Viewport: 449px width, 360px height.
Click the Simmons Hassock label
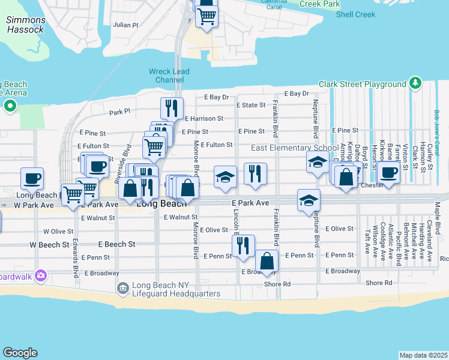[25, 25]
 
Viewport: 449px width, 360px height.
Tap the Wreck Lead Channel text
[169, 76]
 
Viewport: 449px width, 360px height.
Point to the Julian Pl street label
[125, 25]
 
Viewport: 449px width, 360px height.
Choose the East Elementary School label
[294, 148]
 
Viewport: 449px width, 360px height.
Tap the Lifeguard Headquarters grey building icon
[122, 289]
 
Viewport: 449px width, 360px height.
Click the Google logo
[20, 353]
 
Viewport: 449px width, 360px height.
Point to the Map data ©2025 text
[423, 355]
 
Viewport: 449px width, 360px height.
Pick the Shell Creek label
[355, 14]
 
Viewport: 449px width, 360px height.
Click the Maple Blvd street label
[437, 220]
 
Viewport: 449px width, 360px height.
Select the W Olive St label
[58, 231]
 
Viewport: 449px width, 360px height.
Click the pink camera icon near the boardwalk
[40, 275]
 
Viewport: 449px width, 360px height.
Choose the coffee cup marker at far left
[32, 178]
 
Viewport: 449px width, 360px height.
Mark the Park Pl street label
[119, 112]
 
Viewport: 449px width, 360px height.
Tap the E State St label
[250, 105]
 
